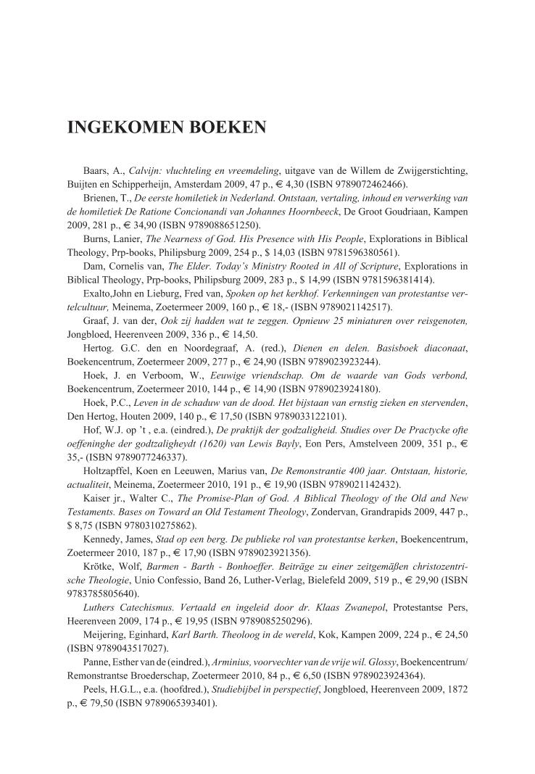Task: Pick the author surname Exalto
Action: pyautogui.click(x=101, y=294)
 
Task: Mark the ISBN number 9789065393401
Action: pyautogui.click(x=178, y=702)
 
